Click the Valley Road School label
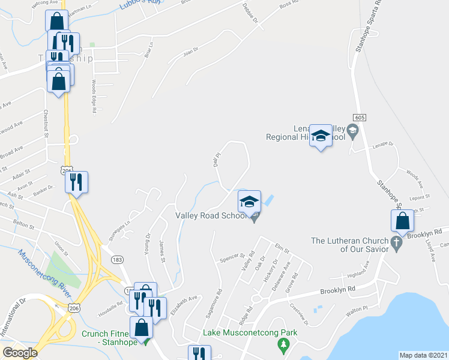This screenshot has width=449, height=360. pyautogui.click(x=210, y=216)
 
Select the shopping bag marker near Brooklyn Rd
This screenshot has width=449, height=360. pyautogui.click(x=402, y=221)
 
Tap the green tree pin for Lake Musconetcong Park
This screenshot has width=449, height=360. pyautogui.click(x=283, y=346)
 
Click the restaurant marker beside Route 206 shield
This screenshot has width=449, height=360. pyautogui.click(x=77, y=182)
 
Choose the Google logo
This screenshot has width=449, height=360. pyautogui.click(x=20, y=353)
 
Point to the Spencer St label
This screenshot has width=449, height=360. pyautogui.click(x=233, y=257)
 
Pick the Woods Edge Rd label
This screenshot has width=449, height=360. pyautogui.click(x=94, y=96)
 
